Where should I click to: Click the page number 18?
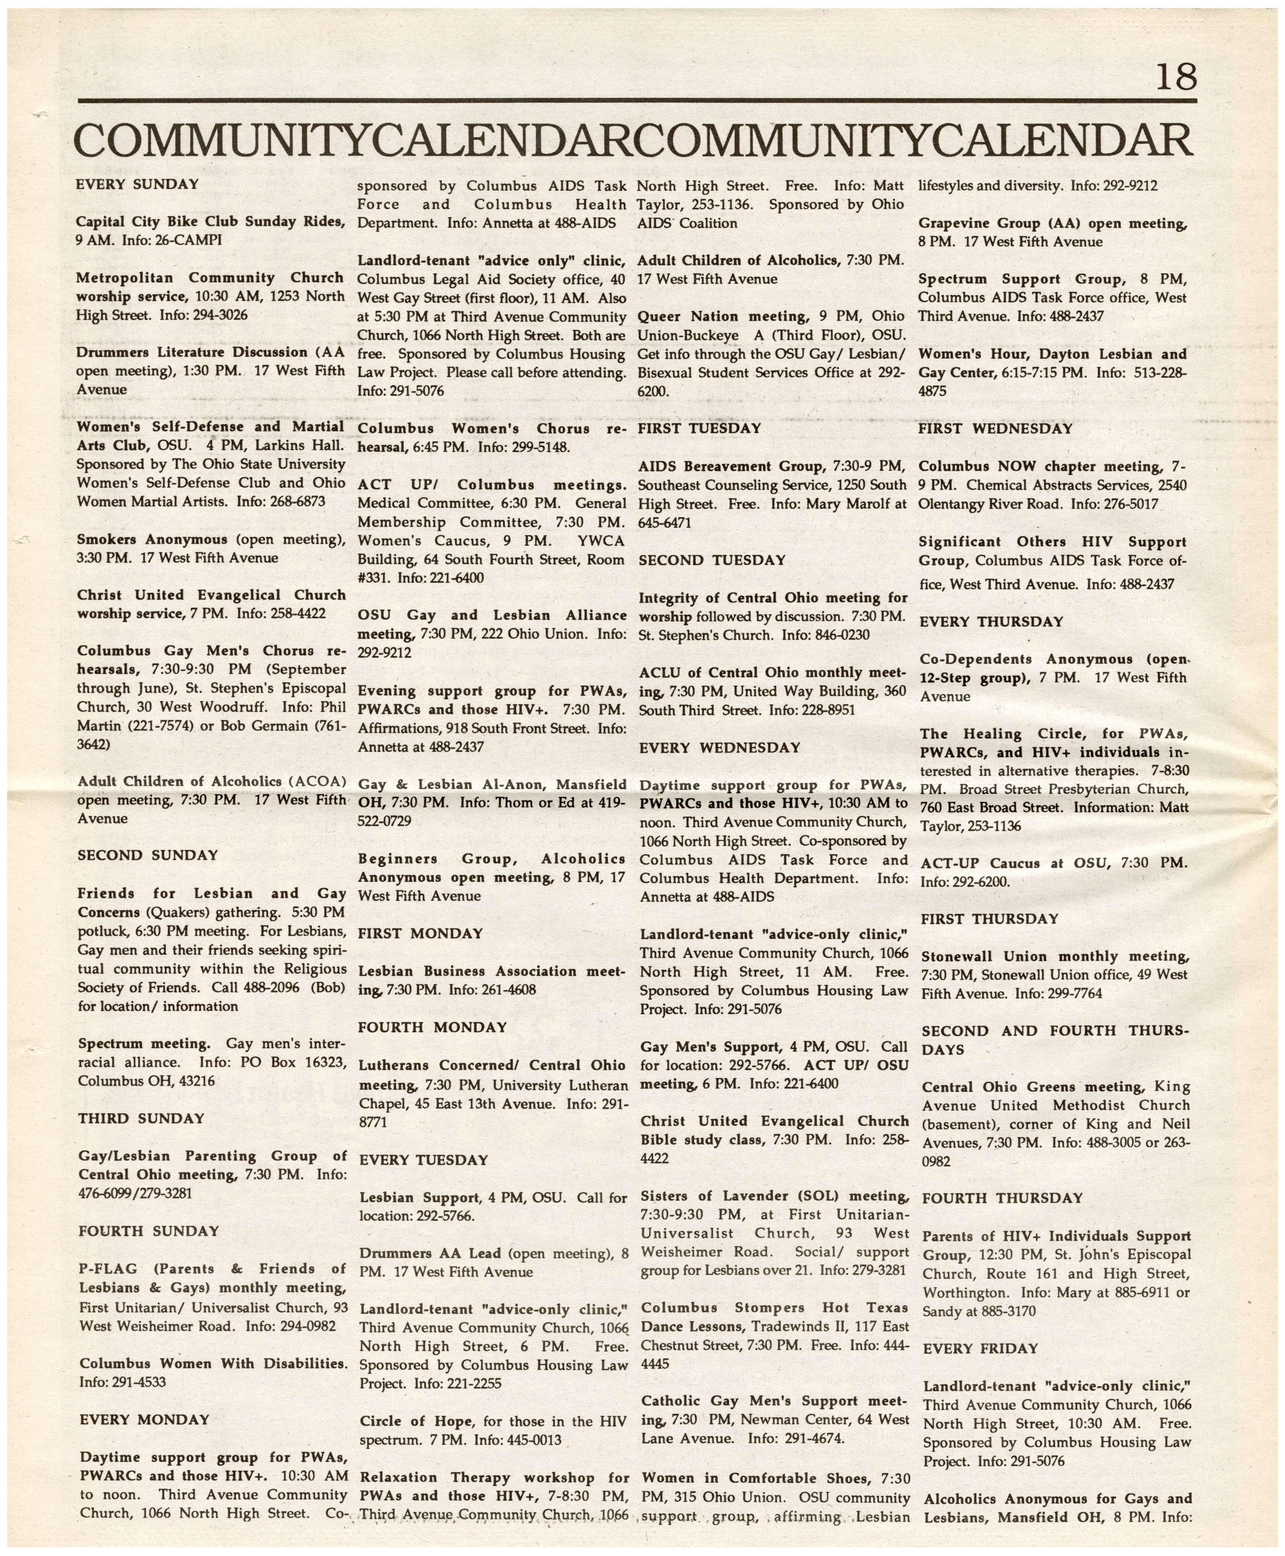point(1175,77)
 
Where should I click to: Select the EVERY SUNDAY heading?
point(138,184)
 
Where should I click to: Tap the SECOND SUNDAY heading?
point(148,855)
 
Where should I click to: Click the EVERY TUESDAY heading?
point(423,1160)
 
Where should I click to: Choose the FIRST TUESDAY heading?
point(699,428)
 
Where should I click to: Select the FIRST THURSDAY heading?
point(990,919)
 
